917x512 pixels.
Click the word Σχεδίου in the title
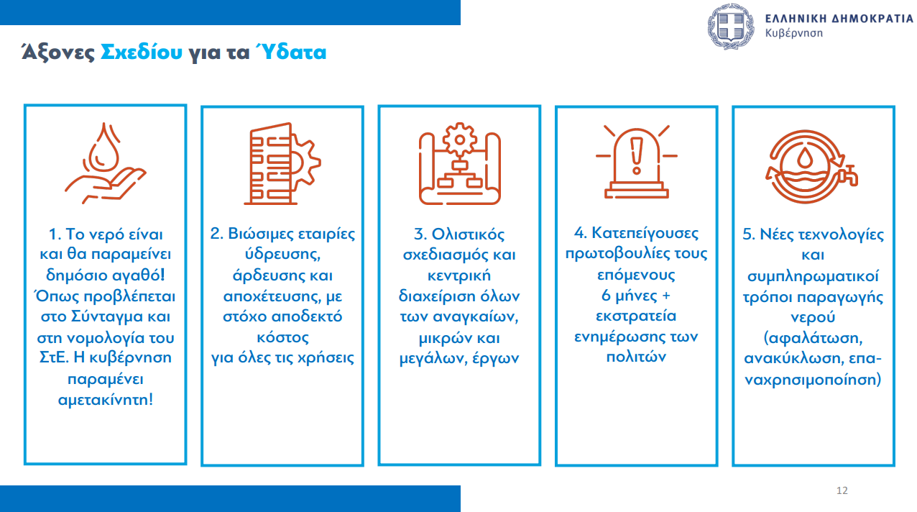(142, 52)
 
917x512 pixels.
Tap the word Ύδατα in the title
(291, 52)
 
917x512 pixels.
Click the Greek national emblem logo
(731, 26)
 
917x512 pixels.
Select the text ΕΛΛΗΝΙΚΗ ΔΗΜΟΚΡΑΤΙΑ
(839, 19)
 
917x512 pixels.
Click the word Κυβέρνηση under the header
(794, 33)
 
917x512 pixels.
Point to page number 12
(842, 490)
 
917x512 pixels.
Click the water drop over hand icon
(105, 163)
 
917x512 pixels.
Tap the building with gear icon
(282, 163)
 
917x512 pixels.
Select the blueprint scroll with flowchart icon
(459, 163)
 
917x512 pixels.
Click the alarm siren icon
(636, 163)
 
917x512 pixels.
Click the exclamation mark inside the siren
(637, 155)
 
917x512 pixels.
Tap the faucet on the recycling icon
(848, 176)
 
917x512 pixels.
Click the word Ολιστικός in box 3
(468, 234)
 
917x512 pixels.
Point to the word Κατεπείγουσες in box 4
(645, 233)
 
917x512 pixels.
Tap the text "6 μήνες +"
(636, 296)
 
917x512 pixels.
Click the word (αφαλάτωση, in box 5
(813, 338)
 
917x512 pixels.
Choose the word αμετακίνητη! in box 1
(106, 399)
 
